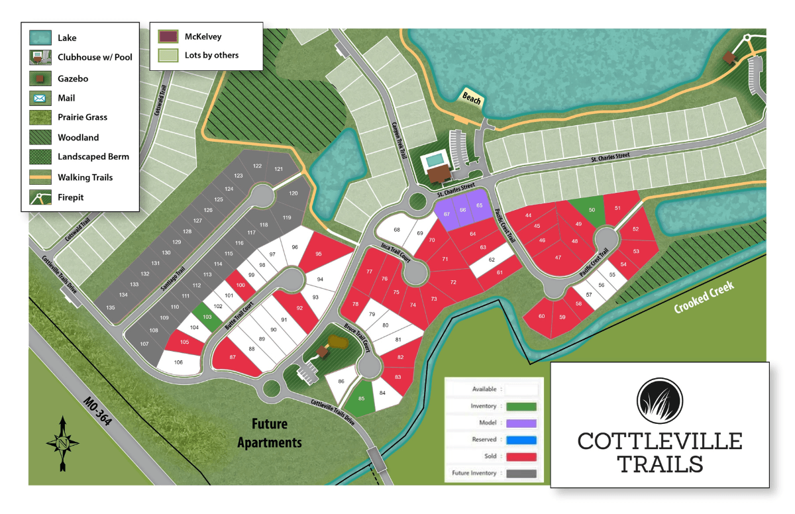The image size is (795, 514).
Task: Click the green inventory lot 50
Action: tap(592, 209)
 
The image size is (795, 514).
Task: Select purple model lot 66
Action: tap(463, 211)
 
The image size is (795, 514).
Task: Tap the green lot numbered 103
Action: tap(207, 317)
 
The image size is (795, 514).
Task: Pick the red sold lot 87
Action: tap(233, 357)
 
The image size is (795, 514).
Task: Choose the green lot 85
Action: tap(362, 399)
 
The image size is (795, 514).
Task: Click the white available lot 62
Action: tap(492, 260)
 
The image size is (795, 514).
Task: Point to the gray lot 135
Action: tap(111, 307)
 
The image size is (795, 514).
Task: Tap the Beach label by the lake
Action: tap(472, 98)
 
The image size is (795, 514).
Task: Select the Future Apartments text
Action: tap(270, 433)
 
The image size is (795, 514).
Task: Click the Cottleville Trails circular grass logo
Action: tap(660, 403)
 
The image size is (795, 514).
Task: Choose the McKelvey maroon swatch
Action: tap(168, 36)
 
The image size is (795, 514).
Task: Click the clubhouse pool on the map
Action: tap(435, 160)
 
